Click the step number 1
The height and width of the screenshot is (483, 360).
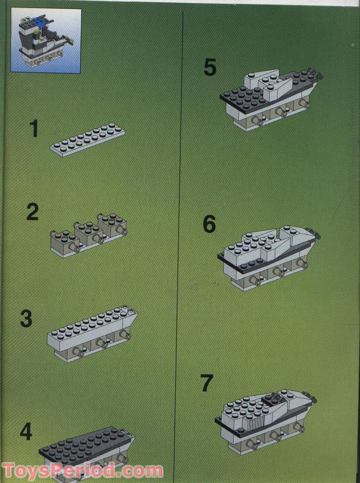coord(34,129)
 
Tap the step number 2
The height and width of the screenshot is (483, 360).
coord(32,212)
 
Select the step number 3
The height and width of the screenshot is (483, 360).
coord(26,318)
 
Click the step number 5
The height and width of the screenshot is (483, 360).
coord(210,68)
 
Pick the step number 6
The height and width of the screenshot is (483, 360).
coord(209,225)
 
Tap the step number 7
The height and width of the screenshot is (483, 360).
coord(206,383)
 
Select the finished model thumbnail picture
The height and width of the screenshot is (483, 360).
coord(46,40)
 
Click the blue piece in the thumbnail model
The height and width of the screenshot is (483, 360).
coord(39,19)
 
